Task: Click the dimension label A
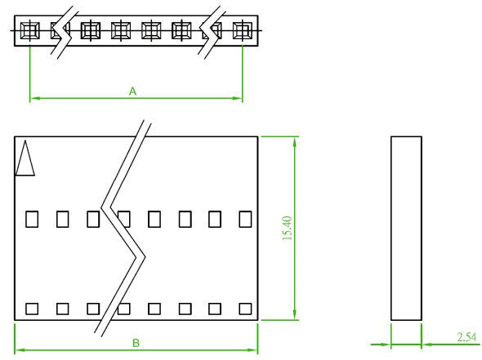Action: click(132, 91)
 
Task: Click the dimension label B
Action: click(136, 343)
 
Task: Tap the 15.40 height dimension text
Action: click(287, 228)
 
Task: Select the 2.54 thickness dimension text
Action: click(466, 337)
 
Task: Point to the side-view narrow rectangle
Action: click(406, 229)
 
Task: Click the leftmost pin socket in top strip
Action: click(29, 31)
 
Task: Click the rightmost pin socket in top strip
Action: click(243, 31)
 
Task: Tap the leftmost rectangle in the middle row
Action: click(32, 219)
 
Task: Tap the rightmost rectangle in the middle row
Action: click(245, 219)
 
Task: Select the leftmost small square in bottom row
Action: click(32, 309)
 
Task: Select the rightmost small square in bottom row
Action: click(245, 309)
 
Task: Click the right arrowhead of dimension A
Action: click(237, 98)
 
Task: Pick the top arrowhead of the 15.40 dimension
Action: click(294, 141)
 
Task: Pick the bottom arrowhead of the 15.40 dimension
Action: click(294, 315)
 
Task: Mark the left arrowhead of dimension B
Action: click(20, 350)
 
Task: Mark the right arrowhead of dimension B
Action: click(252, 350)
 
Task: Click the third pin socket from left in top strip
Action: click(91, 31)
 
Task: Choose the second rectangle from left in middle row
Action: click(63, 219)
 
